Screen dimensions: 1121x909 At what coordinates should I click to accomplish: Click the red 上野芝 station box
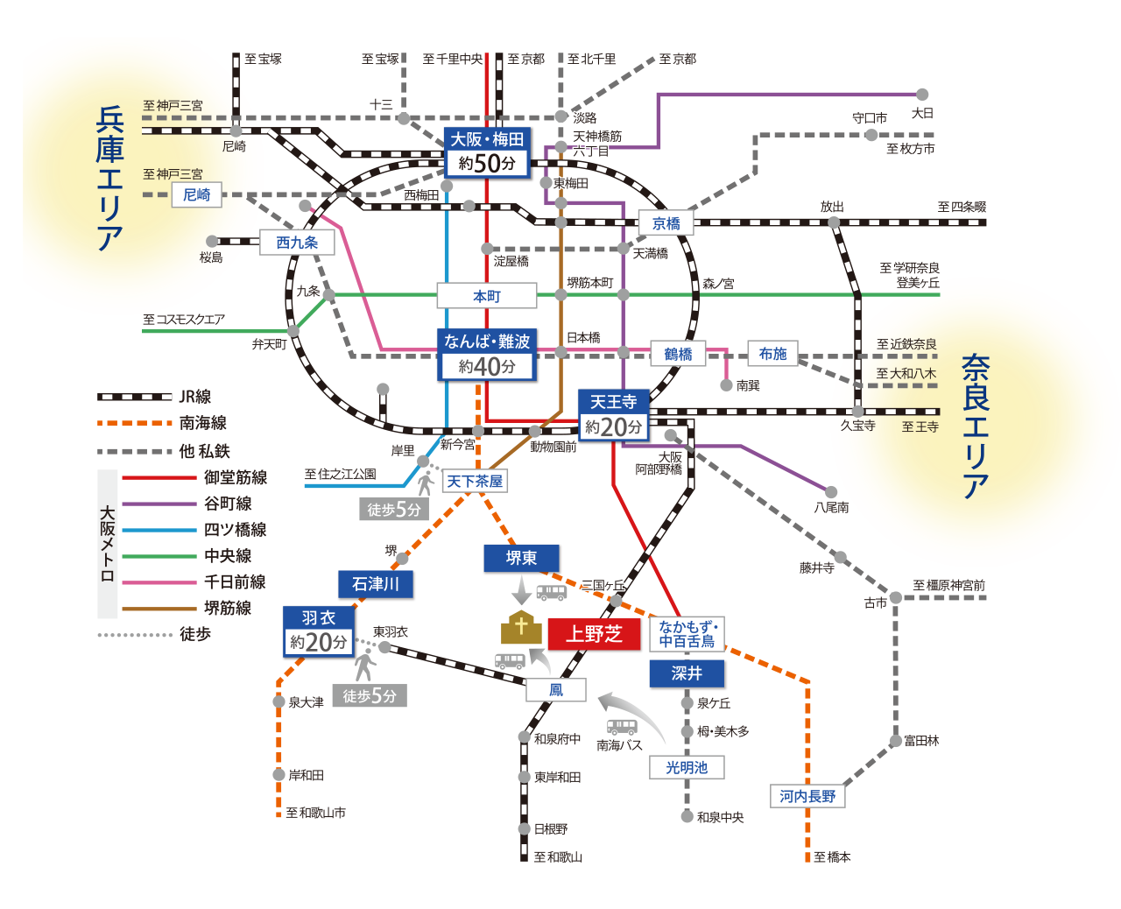pyautogui.click(x=594, y=634)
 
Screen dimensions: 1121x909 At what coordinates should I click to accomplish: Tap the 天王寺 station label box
pyautogui.click(x=613, y=415)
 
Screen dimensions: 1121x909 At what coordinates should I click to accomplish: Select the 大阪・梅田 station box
pyautogui.click(x=487, y=152)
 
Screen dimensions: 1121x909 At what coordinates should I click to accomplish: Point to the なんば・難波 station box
pyautogui.click(x=487, y=355)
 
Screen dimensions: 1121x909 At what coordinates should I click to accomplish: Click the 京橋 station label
pyautogui.click(x=666, y=223)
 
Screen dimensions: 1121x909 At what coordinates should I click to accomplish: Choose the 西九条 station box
pyautogui.click(x=298, y=243)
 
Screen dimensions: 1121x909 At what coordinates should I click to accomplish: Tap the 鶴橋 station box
pyautogui.click(x=678, y=354)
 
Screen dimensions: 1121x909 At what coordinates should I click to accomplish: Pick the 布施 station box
pyautogui.click(x=772, y=353)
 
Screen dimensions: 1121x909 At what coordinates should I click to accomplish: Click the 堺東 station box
pyautogui.click(x=521, y=558)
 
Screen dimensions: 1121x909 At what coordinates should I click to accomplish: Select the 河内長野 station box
pyautogui.click(x=807, y=796)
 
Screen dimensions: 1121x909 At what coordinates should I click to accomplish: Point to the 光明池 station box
pyautogui.click(x=687, y=767)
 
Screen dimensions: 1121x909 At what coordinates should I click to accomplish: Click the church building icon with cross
pyautogui.click(x=521, y=627)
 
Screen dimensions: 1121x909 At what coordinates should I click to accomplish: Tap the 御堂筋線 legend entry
pyautogui.click(x=194, y=477)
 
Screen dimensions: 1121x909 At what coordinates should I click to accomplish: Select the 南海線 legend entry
pyautogui.click(x=162, y=423)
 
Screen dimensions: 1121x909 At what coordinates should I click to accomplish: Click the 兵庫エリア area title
pyautogui.click(x=109, y=179)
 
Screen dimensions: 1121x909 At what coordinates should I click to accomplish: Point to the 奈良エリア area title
pyautogui.click(x=976, y=426)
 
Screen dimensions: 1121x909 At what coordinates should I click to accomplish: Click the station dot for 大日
pyautogui.click(x=921, y=95)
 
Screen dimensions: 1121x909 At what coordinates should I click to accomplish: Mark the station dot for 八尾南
pyautogui.click(x=830, y=492)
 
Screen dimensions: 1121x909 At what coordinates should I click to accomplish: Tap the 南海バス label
pyautogui.click(x=619, y=745)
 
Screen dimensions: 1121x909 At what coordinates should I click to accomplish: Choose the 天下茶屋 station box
pyautogui.click(x=474, y=481)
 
